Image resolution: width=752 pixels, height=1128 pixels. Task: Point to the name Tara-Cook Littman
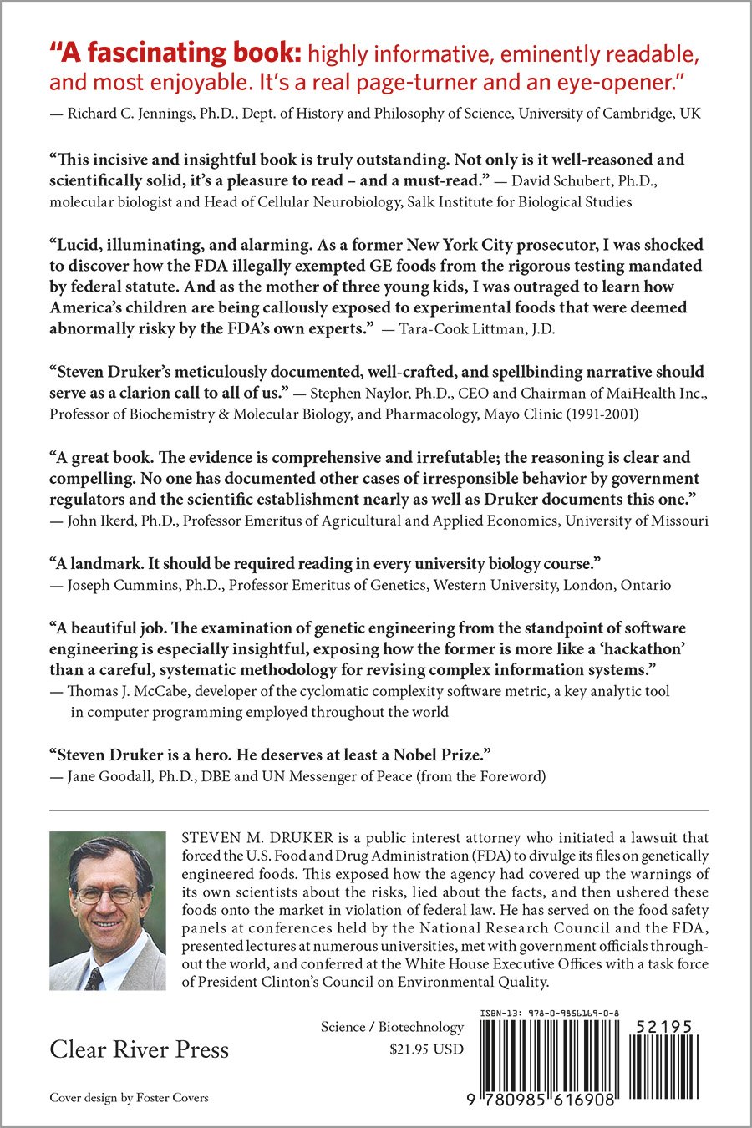[x=465, y=328]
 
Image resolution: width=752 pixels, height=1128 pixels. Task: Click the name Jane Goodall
[x=112, y=776]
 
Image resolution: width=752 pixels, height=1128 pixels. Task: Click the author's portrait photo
[x=108, y=911]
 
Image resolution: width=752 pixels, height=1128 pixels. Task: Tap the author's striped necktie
[x=94, y=978]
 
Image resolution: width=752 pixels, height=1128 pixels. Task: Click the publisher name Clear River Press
[x=139, y=1049]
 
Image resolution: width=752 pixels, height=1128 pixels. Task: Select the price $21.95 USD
[x=426, y=1049]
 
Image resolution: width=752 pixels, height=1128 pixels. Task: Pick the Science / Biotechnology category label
[x=392, y=1027]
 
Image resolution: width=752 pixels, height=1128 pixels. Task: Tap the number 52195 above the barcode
[x=663, y=1027]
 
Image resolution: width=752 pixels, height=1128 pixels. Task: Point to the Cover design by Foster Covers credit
[x=129, y=1097]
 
